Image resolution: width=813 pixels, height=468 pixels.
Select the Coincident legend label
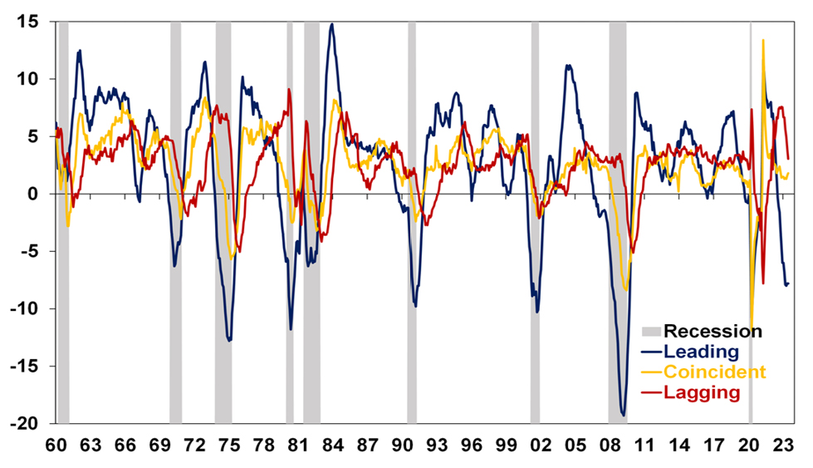coord(714,372)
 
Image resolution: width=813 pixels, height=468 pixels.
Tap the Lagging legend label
coord(702,392)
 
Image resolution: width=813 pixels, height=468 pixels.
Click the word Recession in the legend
coord(713,332)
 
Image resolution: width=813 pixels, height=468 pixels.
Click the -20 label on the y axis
coord(25,424)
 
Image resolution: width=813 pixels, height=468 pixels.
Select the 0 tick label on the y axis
coord(33,195)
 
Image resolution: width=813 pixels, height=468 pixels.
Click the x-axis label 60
coord(56,446)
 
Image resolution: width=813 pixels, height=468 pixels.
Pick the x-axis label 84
coord(333,446)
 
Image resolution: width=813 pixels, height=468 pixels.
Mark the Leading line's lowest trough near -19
coord(624,414)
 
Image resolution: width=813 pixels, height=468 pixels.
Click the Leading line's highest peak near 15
coord(332,24)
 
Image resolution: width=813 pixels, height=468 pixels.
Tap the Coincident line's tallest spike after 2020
coord(762,40)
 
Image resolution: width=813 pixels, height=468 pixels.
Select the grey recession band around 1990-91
coord(411,224)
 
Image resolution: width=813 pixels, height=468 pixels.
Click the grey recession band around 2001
coord(535,224)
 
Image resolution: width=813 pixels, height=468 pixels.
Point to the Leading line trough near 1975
coord(229,340)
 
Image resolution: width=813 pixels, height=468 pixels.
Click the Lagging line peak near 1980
coord(289,89)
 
